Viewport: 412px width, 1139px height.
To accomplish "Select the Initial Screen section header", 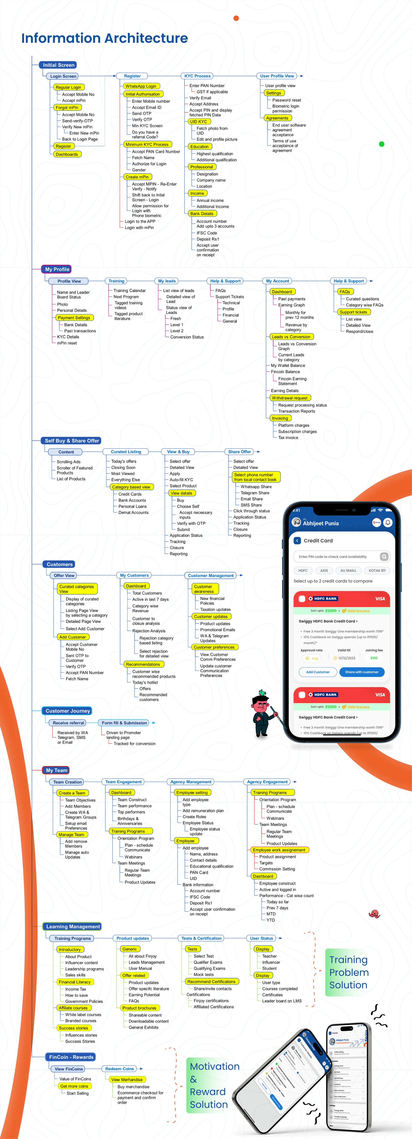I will (58, 65).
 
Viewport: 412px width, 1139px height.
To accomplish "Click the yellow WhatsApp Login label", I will (141, 86).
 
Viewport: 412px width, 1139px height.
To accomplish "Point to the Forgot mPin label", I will (67, 107).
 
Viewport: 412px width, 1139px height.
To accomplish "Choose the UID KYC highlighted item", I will (199, 122).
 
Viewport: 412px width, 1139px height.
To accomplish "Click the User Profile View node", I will (277, 76).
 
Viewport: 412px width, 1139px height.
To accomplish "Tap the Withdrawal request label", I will (289, 398).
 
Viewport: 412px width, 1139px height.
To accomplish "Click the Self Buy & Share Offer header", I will (72, 441).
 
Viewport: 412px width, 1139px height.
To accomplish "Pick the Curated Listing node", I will (126, 452).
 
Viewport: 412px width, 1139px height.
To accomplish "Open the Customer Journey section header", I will (68, 711).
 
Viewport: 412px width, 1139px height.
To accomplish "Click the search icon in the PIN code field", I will (384, 557).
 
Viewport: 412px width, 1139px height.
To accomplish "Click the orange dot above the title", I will (236, 18).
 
